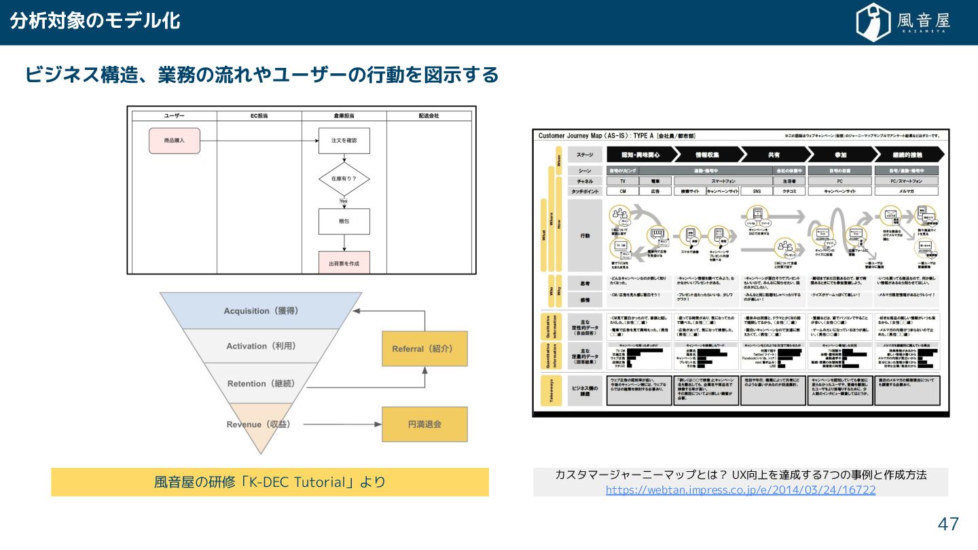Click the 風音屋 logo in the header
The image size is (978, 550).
click(x=903, y=22)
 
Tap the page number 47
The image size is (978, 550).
click(x=948, y=524)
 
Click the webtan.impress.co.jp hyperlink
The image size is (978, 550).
click(x=740, y=490)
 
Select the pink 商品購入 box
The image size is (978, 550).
click(x=175, y=141)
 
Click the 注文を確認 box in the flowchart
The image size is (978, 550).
click(x=344, y=141)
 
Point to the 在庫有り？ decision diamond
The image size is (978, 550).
click(x=344, y=179)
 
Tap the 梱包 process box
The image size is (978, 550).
click(x=344, y=221)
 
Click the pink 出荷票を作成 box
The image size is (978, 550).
click(x=344, y=263)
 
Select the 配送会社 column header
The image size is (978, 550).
click(x=429, y=116)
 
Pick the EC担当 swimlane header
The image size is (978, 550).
click(x=259, y=116)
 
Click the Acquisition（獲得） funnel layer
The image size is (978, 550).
click(x=261, y=311)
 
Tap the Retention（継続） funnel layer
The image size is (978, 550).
click(x=261, y=384)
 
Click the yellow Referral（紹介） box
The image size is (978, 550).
click(x=424, y=349)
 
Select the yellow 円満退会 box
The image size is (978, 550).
click(x=424, y=424)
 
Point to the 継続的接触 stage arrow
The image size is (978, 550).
click(x=907, y=154)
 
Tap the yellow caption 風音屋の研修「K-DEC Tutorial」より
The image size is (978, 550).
click(x=270, y=482)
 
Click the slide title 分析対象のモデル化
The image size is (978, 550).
click(x=95, y=21)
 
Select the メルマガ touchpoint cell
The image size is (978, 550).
click(x=906, y=191)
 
